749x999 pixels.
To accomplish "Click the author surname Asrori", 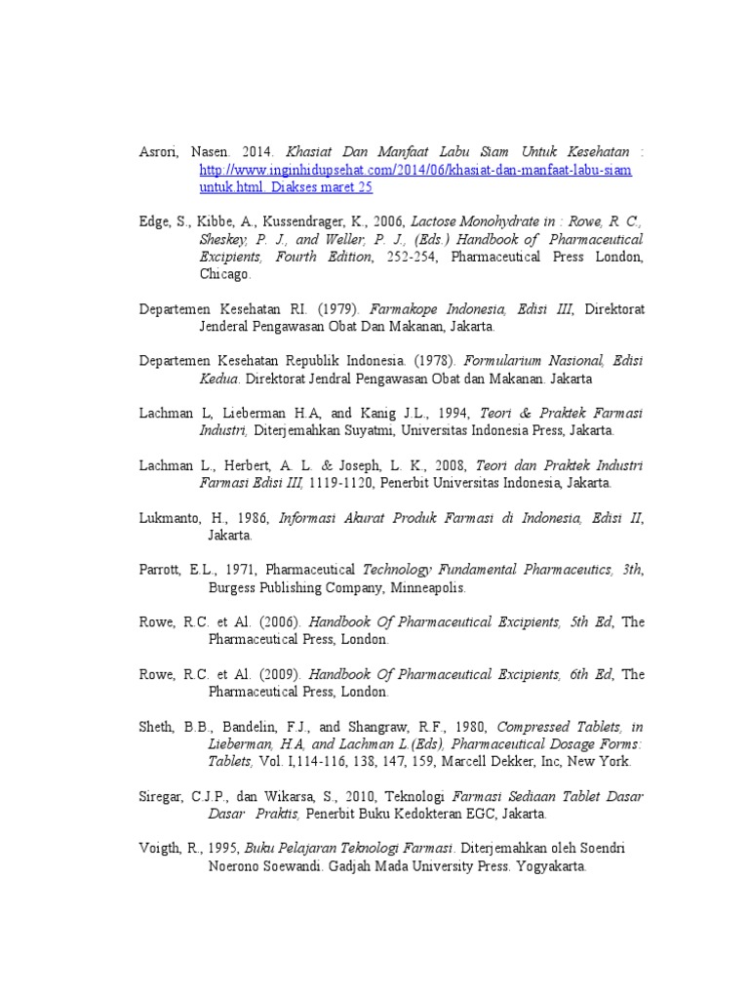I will click(x=158, y=153).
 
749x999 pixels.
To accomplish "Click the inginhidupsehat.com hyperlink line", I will click(x=415, y=170).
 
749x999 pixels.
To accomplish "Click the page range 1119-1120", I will click(x=344, y=483).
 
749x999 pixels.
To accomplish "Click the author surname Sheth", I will click(x=156, y=728).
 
